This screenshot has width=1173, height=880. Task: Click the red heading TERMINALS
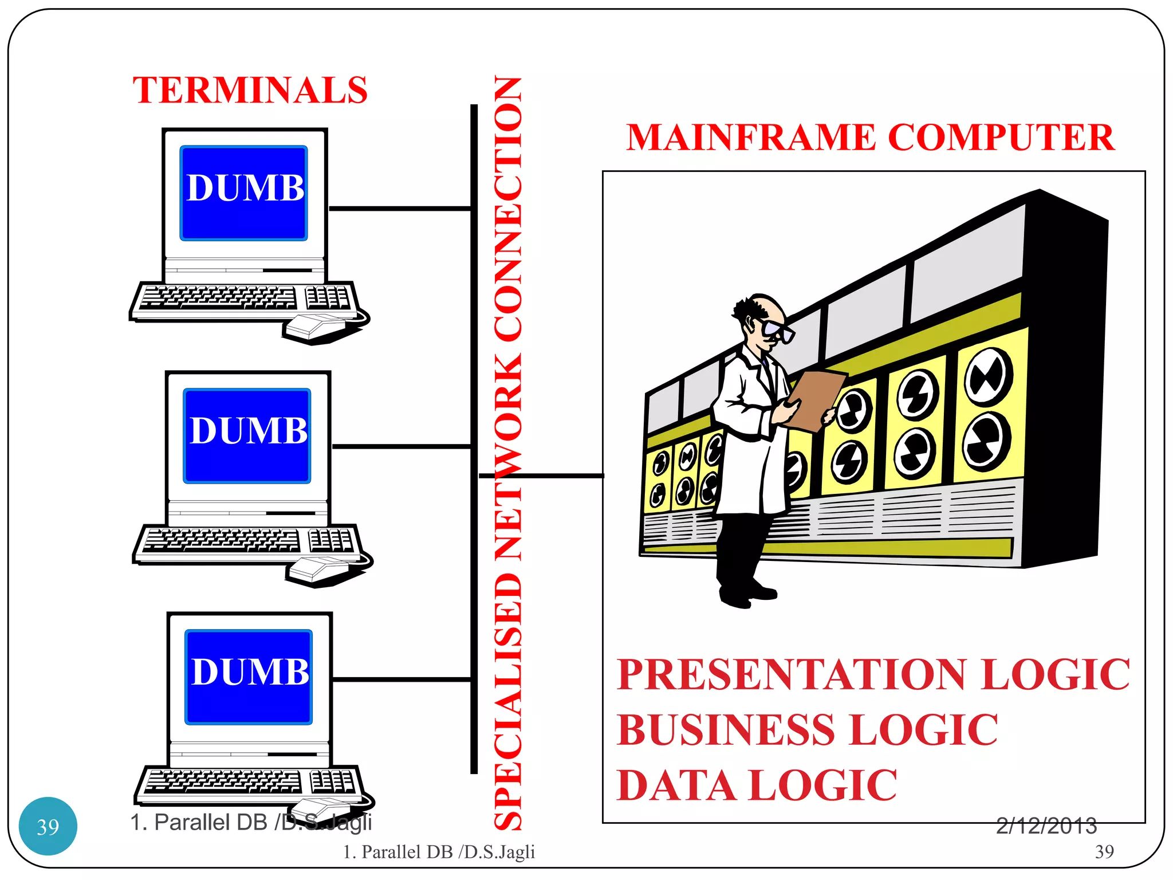[250, 91]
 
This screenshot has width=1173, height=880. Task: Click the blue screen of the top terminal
[244, 193]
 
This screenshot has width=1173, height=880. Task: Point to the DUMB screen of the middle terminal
[247, 435]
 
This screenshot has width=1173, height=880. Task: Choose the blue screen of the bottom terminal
[249, 677]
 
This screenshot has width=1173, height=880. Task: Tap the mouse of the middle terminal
[318, 569]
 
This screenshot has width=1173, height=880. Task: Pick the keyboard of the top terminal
[243, 299]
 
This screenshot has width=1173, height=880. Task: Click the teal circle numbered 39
[48, 826]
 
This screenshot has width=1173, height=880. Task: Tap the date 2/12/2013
[1046, 826]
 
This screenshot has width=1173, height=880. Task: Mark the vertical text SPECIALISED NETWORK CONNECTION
[508, 453]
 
